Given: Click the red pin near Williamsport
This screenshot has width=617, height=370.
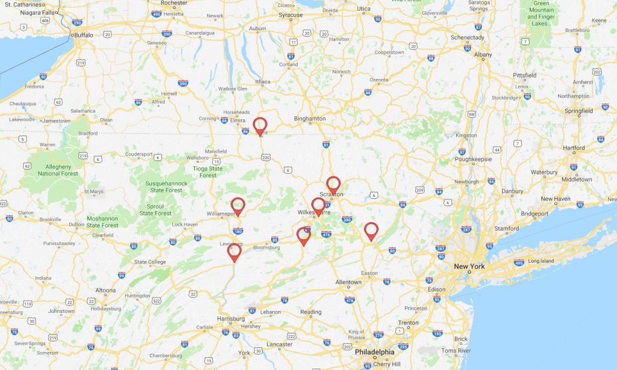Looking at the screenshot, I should click(238, 205).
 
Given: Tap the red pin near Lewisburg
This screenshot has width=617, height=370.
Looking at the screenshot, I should click(234, 251).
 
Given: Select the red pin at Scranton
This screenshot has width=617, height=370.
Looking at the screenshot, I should click(333, 184).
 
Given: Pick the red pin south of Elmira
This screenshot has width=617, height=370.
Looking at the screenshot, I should click(260, 125).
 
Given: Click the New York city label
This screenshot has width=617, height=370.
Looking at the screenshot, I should click(469, 266).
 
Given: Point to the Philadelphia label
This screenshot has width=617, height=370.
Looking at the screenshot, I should click(374, 352).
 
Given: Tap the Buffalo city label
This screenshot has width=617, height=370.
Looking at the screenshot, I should click(83, 35).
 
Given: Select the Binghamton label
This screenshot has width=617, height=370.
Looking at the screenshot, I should click(310, 119).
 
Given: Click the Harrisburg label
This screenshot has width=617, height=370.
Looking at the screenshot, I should click(231, 318).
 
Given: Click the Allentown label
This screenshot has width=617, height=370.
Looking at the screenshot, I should click(348, 282).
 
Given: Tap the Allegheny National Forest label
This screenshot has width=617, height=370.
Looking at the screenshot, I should click(58, 170).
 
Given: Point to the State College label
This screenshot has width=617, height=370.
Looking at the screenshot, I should click(150, 262).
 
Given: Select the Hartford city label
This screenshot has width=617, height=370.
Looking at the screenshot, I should click(574, 148).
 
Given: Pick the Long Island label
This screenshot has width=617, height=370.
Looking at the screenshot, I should click(540, 261).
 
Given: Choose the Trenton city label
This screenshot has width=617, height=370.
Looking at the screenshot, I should click(408, 323).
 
